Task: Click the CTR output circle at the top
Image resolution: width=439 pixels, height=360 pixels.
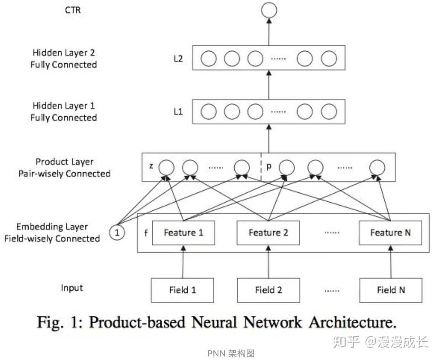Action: click(269, 10)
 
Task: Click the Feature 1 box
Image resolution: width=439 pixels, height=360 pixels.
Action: click(183, 233)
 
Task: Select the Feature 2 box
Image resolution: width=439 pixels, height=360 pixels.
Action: click(268, 233)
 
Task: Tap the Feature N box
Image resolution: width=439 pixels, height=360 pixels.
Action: click(390, 233)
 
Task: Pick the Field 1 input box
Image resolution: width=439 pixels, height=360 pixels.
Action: click(182, 290)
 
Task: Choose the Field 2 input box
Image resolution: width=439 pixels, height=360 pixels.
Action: click(268, 290)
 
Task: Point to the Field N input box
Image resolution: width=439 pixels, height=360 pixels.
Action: click(391, 290)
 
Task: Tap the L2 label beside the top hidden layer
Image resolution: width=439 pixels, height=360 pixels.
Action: click(178, 59)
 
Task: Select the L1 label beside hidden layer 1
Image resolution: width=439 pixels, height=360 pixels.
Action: click(178, 112)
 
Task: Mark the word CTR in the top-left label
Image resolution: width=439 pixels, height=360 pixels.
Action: click(73, 10)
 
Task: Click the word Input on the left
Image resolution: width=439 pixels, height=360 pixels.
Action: click(72, 288)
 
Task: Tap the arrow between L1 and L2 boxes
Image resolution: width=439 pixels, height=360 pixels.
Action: click(269, 85)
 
